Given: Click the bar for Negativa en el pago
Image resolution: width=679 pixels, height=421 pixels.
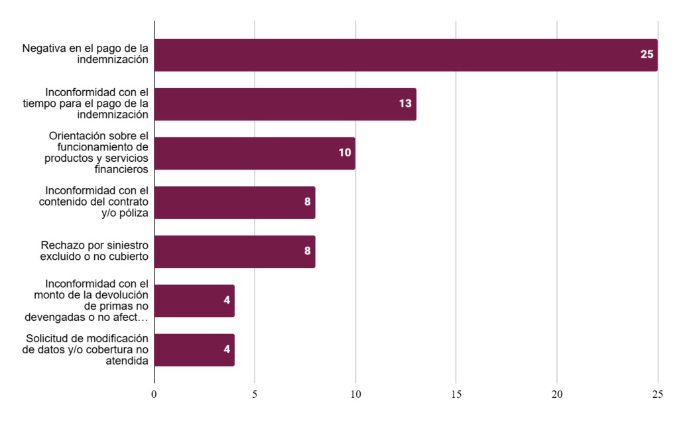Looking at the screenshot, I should (405, 55).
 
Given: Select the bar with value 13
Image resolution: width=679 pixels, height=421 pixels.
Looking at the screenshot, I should (285, 104).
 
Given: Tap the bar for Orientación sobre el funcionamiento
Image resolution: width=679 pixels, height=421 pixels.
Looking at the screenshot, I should (255, 153).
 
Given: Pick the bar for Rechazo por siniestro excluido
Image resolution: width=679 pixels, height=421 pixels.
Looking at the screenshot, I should (234, 251).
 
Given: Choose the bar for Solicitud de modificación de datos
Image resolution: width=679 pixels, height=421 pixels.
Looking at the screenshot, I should (194, 350).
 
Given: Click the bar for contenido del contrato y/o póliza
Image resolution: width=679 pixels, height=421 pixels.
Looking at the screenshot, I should (234, 202).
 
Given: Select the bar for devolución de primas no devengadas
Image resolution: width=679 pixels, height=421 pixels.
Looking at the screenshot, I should (194, 301).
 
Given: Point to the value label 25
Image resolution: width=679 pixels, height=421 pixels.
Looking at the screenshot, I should (647, 55).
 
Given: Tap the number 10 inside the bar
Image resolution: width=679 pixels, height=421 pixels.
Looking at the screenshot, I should (345, 153).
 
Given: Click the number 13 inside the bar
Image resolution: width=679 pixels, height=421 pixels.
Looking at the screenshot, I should (405, 104).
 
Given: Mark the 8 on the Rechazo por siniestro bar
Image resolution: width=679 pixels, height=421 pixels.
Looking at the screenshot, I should (308, 251).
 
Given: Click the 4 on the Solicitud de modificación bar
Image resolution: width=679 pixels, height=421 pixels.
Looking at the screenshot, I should (227, 350).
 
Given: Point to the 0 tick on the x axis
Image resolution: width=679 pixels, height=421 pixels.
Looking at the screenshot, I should (154, 395).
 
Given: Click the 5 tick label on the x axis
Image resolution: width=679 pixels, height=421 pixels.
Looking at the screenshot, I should (255, 395).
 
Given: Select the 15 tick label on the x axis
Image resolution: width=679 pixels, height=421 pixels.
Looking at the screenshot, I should (456, 395).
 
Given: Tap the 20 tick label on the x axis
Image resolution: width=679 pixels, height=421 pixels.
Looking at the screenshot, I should (557, 395).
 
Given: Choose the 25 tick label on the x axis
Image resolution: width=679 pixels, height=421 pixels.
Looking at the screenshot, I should (657, 395).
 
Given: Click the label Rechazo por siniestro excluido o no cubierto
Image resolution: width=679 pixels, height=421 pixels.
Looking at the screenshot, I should (94, 251).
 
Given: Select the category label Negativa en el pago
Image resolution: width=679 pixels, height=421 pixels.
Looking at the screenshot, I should (86, 54).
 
